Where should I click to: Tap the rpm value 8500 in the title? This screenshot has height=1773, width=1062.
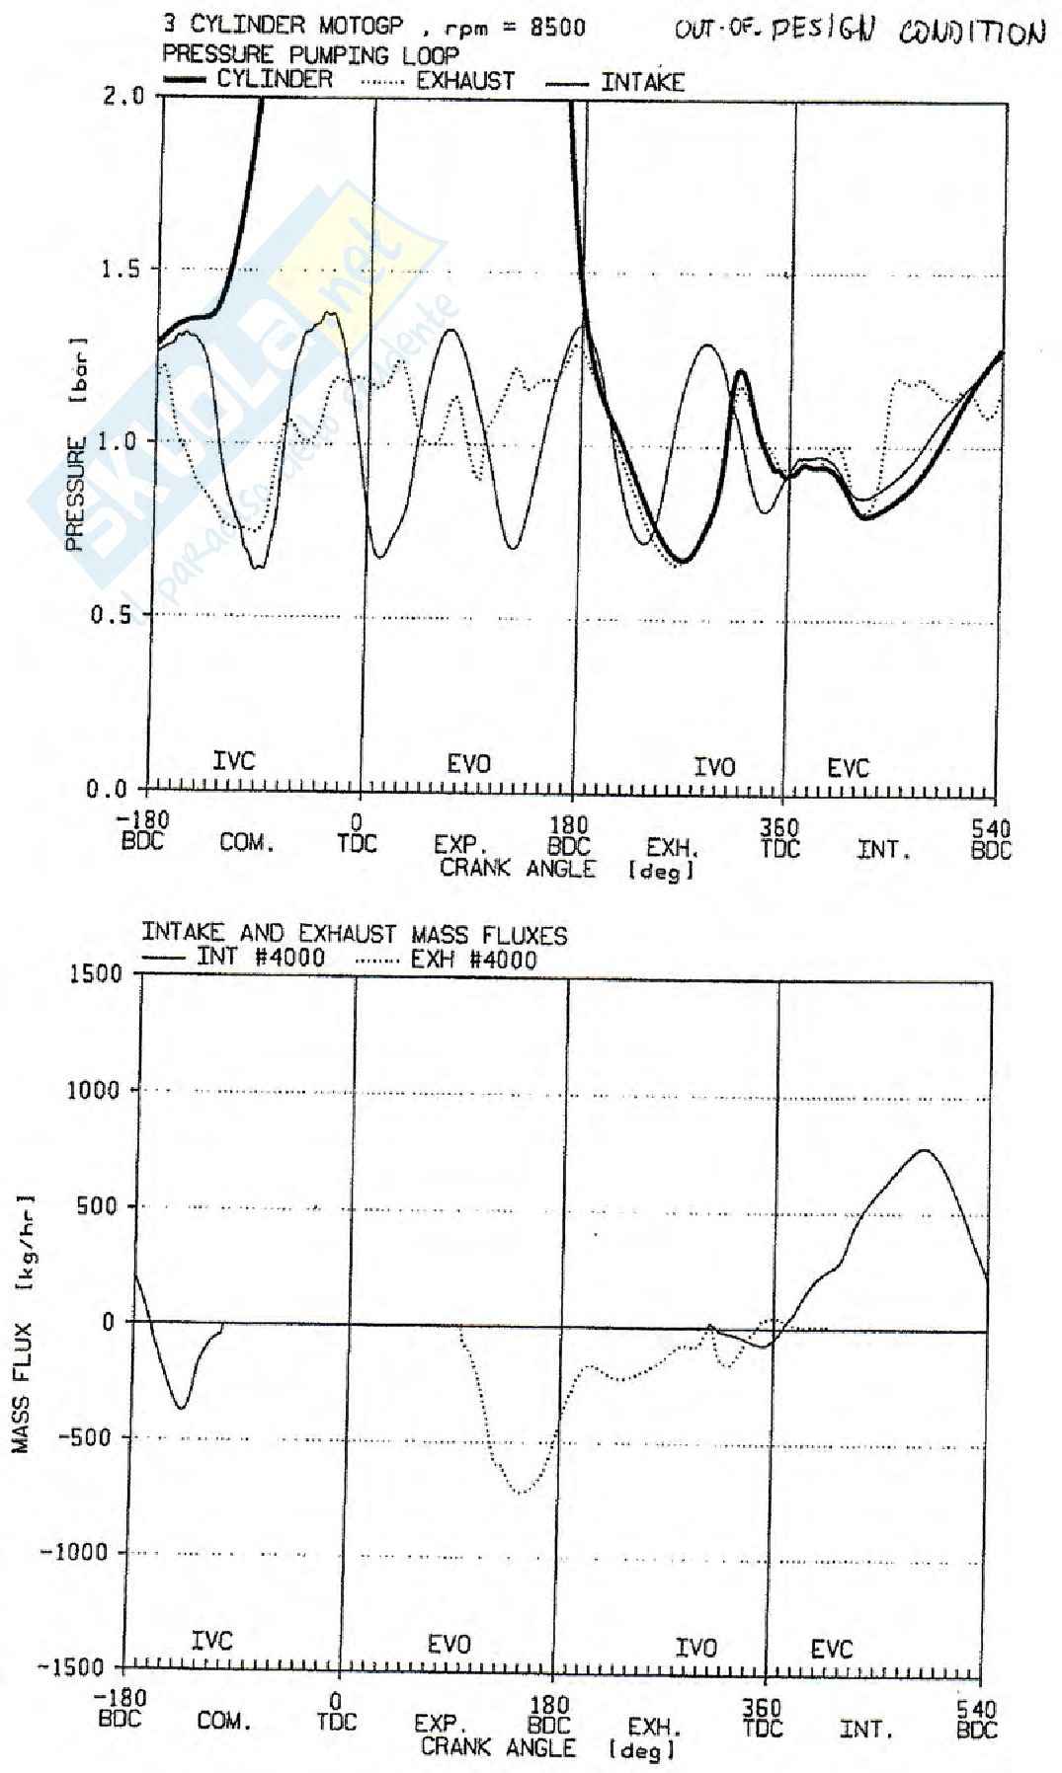557,27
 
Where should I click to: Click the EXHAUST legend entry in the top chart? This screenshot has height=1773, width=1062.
464,81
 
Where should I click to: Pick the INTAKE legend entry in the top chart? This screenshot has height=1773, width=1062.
642,83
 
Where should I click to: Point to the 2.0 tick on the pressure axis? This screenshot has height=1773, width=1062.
123,96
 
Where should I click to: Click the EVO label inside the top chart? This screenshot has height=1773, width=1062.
468,763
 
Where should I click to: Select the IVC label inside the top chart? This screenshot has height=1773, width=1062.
234,761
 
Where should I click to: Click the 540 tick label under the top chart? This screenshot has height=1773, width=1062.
991,828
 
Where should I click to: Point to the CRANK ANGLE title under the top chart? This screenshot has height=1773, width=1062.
519,869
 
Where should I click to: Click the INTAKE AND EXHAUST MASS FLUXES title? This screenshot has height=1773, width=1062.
354,933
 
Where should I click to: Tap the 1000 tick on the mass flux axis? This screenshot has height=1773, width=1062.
94,1090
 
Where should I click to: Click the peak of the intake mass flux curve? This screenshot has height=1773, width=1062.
925,1150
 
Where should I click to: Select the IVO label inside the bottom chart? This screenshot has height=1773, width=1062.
695,1647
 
